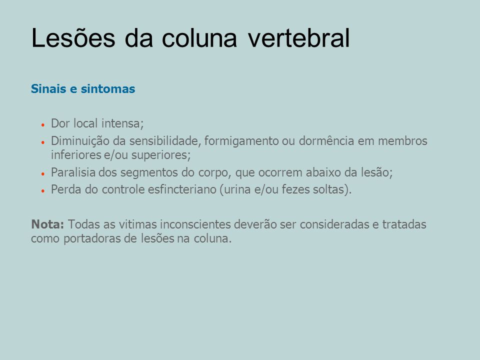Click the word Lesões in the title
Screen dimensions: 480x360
[73, 37]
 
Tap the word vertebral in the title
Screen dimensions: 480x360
[298, 37]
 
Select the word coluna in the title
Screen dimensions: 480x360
[199, 37]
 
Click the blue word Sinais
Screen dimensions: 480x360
[48, 89]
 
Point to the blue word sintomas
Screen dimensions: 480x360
[108, 89]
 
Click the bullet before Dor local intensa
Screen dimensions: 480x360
[43, 125]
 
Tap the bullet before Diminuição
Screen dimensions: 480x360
[43, 142]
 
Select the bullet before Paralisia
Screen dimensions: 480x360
[43, 174]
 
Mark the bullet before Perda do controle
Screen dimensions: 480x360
[43, 190]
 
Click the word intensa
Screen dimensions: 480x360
[122, 123]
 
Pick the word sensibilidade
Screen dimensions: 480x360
[165, 141]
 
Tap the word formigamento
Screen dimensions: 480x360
[241, 141]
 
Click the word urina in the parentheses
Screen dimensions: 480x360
[235, 190]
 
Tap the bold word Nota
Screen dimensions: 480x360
[47, 224]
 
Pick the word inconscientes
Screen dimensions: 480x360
[195, 224]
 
